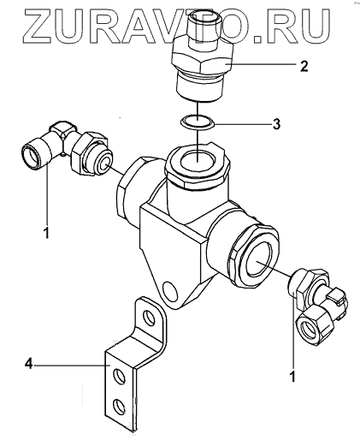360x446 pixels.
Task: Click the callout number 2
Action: [x=304, y=66]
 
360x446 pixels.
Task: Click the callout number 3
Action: [x=276, y=124]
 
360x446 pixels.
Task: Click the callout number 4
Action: [x=29, y=364]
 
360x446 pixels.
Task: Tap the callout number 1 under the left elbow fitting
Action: [x=47, y=232]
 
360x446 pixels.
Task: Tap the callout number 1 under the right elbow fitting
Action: [x=292, y=377]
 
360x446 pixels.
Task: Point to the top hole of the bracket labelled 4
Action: [x=150, y=318]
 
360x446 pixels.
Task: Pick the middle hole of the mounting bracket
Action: [x=119, y=377]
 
